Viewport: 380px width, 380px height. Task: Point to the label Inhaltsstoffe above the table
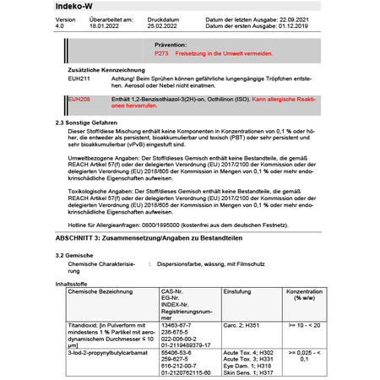click(x=72, y=284)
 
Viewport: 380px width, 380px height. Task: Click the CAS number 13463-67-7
click(x=176, y=323)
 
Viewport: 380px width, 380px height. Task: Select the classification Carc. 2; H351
click(x=244, y=323)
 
